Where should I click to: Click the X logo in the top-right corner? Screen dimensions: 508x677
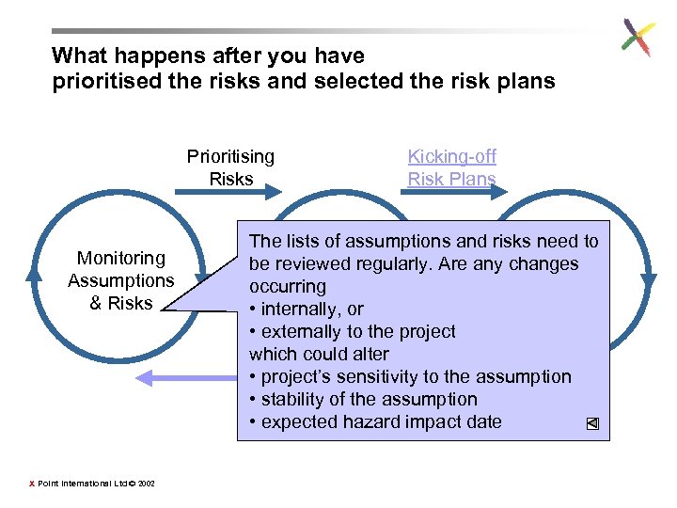click(x=638, y=39)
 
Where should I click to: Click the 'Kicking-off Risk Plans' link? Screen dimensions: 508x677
click(x=451, y=167)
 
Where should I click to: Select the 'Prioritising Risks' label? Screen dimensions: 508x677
click(x=231, y=167)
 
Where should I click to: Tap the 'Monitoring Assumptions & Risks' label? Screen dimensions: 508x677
click(x=121, y=280)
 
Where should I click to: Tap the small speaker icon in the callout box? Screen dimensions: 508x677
click(x=592, y=423)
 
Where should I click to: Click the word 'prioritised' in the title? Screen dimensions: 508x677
click(x=104, y=81)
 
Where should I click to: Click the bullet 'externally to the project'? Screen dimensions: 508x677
click(x=353, y=331)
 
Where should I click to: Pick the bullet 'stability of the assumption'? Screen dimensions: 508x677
click(x=363, y=399)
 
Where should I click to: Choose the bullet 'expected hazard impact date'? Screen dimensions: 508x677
click(x=375, y=421)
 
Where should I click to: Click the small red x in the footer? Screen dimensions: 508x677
click(x=32, y=484)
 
